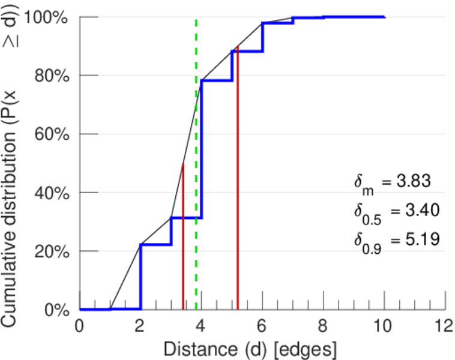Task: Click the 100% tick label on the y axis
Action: pyautogui.click(x=49, y=17)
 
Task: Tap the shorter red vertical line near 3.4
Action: pyautogui.click(x=182, y=240)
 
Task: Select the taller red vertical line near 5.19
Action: pyautogui.click(x=238, y=180)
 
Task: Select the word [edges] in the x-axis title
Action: pyautogui.click(x=306, y=349)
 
